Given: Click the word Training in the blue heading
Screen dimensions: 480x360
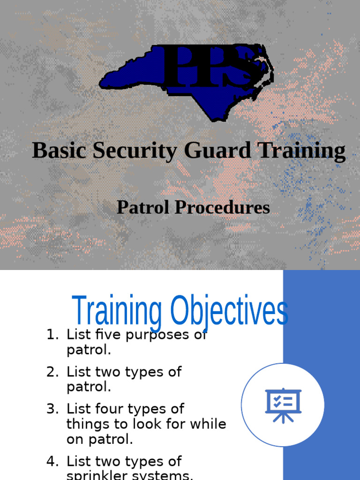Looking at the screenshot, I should pyautogui.click(x=117, y=312).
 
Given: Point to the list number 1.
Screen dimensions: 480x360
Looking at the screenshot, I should pyautogui.click(x=52, y=335).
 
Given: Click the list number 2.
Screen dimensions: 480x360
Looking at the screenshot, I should pyautogui.click(x=52, y=372).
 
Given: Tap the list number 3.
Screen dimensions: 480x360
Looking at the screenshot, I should pyautogui.click(x=52, y=409).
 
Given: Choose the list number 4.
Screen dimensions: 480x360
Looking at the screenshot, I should pyautogui.click(x=52, y=461).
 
